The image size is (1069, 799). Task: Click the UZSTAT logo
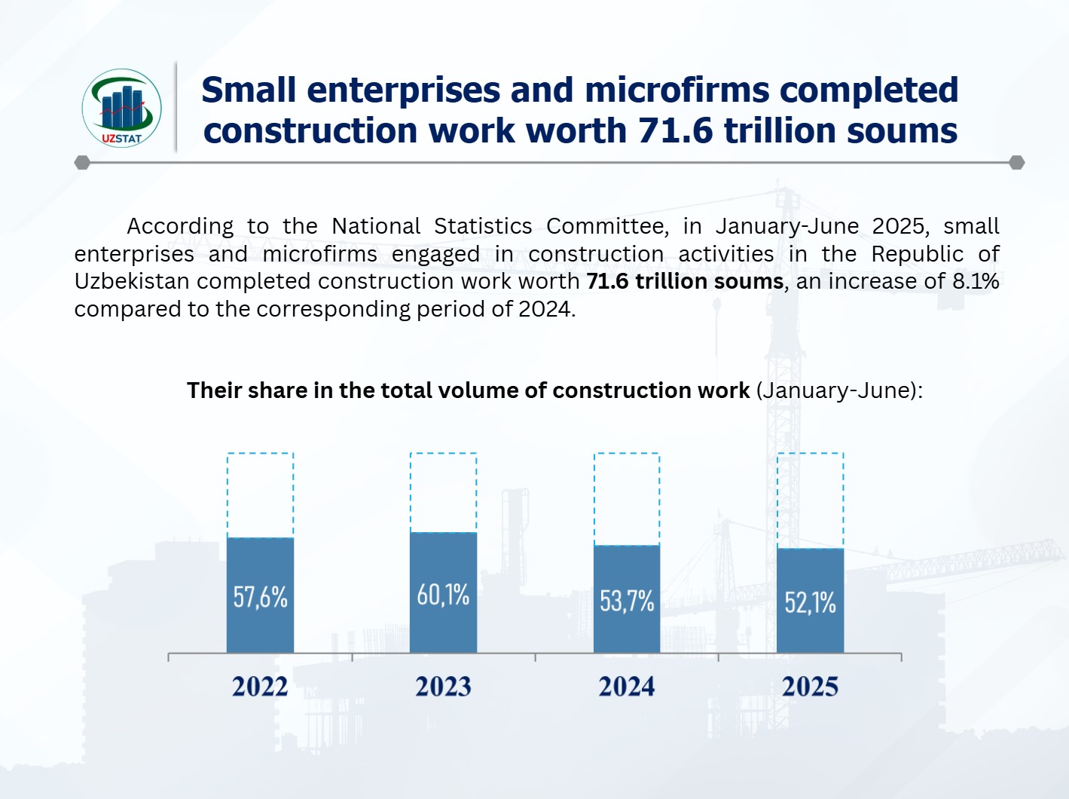tap(121, 108)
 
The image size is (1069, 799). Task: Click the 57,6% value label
tap(260, 597)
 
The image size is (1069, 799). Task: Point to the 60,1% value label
tap(443, 595)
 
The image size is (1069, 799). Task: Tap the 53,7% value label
tap(627, 601)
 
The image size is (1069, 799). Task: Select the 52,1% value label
tap(810, 602)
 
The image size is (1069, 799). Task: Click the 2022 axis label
tap(260, 687)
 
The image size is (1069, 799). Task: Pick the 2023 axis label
tap(443, 687)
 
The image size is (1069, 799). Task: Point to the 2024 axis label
tap(627, 687)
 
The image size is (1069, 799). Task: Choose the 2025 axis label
tap(810, 687)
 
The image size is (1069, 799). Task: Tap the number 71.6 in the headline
tap(675, 130)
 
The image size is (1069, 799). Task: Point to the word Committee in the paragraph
tap(607, 226)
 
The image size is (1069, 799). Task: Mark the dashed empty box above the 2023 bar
tap(443, 492)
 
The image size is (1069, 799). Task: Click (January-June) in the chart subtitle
tap(839, 390)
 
